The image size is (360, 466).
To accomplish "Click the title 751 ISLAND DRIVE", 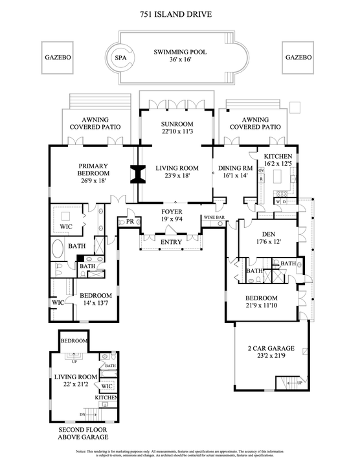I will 180,14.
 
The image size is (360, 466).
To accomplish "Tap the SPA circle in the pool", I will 120,57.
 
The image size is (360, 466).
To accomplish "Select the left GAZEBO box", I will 58,57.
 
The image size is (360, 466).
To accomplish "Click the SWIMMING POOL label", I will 180,56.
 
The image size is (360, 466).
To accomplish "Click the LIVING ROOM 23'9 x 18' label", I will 177,172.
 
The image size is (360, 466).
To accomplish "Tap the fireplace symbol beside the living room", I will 137,175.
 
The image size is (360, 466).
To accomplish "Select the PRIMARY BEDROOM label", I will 93,173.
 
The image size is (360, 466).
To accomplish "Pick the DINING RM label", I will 236,171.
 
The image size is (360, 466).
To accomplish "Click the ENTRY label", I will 171,242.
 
